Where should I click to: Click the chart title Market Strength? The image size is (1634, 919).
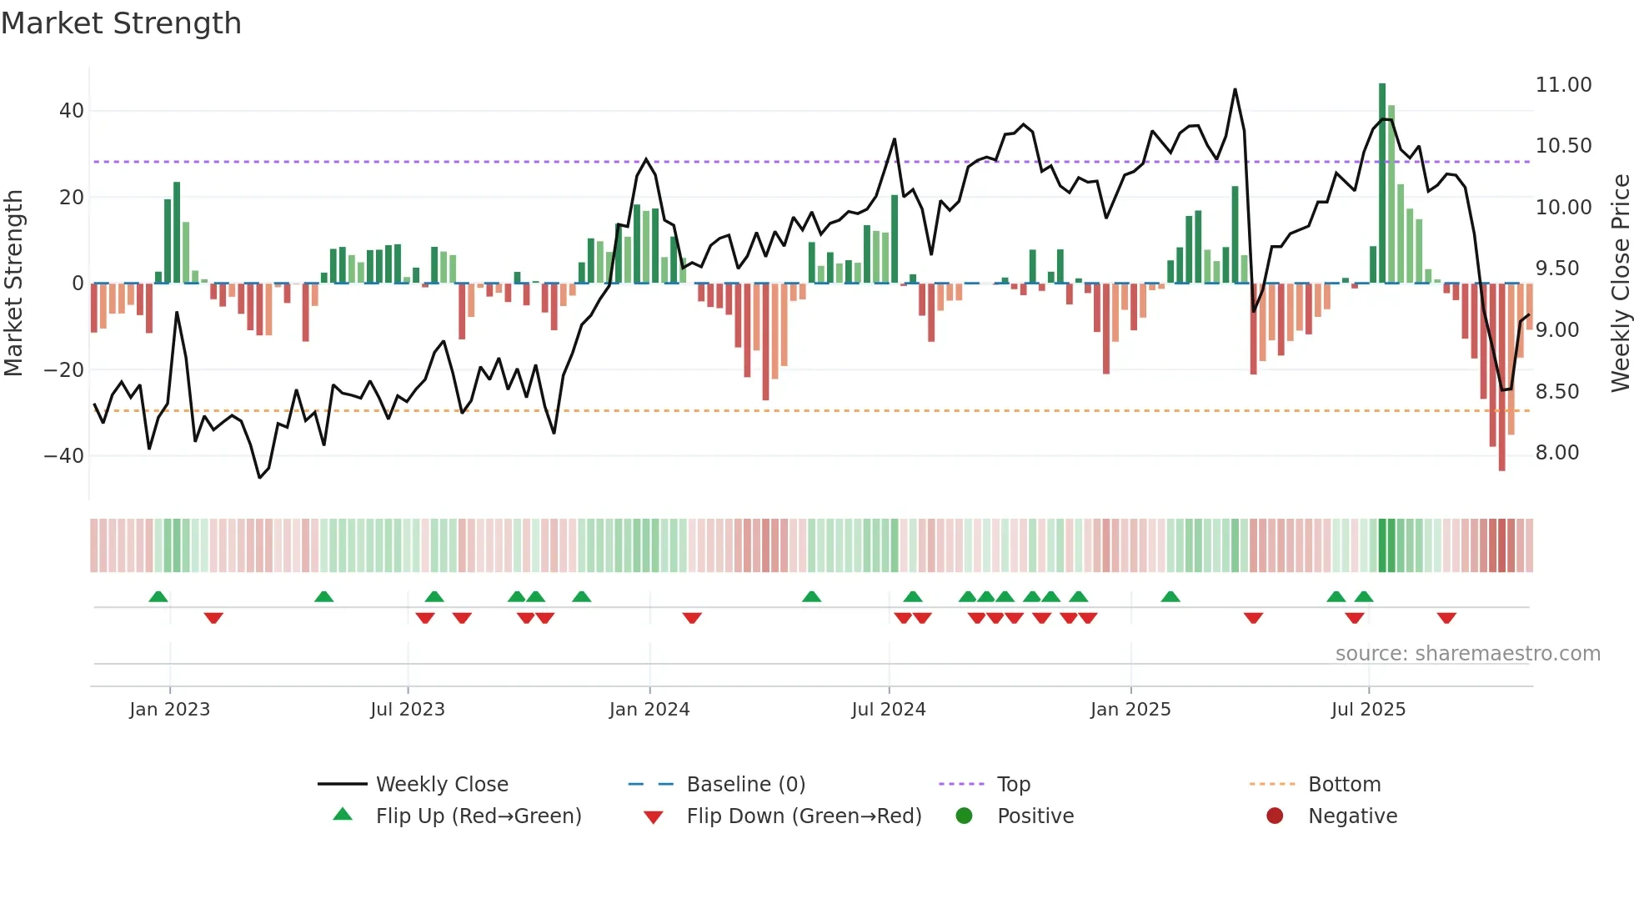click(x=121, y=23)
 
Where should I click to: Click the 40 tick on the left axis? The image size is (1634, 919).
click(x=71, y=111)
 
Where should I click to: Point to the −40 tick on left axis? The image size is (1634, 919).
click(x=64, y=456)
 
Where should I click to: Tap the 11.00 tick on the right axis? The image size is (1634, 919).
click(x=1563, y=85)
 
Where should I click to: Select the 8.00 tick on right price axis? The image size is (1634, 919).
click(x=1556, y=453)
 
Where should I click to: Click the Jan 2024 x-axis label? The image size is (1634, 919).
click(x=649, y=710)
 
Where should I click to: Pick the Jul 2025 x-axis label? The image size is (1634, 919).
click(x=1368, y=710)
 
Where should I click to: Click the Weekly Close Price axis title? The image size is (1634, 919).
click(x=1620, y=284)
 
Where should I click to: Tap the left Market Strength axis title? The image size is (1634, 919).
click(x=14, y=284)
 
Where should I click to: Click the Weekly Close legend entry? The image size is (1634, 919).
click(x=441, y=785)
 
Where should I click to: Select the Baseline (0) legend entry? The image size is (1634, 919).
click(x=745, y=785)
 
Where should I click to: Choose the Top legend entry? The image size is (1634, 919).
click(x=1013, y=785)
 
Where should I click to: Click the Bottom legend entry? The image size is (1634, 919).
click(x=1344, y=785)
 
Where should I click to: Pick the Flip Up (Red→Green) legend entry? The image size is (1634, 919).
click(x=478, y=816)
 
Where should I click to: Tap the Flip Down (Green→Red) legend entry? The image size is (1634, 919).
click(x=804, y=816)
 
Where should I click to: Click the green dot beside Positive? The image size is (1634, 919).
click(x=964, y=816)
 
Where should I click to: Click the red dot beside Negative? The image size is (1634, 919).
click(x=1275, y=816)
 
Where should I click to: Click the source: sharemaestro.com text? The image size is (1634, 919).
click(x=1467, y=654)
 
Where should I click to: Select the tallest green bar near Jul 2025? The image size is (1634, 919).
click(x=1381, y=183)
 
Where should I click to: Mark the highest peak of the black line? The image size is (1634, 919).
click(x=1235, y=89)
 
